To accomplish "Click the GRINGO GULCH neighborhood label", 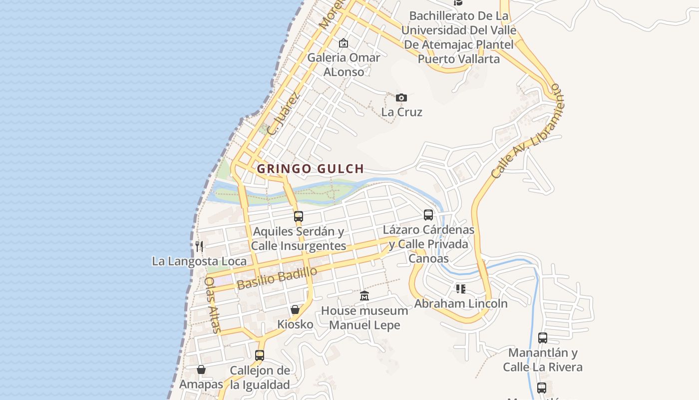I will point(310,169).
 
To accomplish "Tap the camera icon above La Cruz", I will point(401,97).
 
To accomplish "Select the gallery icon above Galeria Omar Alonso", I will point(343,43).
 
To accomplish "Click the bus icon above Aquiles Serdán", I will point(299,216).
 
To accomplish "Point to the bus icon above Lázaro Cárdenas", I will point(428,215).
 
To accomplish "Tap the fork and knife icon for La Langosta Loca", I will point(199,246).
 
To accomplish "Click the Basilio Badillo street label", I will point(277,278).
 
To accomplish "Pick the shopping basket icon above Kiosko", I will point(295,309).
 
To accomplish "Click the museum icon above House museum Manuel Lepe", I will point(364,296).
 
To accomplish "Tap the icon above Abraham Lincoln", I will point(460,289).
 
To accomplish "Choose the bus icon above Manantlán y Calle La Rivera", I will point(543,338).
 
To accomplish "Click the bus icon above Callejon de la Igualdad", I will point(260,355).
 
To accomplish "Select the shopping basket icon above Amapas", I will point(201,369).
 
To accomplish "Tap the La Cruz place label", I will point(402,112).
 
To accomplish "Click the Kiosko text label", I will point(296,324).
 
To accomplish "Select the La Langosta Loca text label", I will point(199,261).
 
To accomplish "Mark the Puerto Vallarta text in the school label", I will point(458,59).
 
